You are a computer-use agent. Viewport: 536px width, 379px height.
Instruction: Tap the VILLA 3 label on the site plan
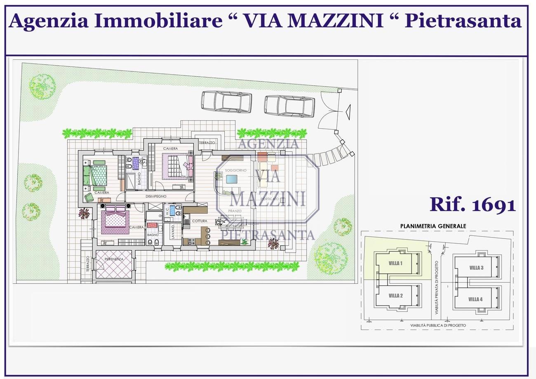[x=476, y=268]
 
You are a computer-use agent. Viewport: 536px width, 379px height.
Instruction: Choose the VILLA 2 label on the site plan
[x=395, y=296]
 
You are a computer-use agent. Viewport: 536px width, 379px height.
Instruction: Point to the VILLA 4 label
[x=475, y=299]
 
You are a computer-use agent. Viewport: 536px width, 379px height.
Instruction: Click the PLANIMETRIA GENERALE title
[x=433, y=226]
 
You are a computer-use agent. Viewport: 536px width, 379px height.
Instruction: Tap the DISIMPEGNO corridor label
[x=156, y=196]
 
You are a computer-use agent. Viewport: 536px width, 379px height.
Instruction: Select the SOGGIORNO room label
[x=235, y=170]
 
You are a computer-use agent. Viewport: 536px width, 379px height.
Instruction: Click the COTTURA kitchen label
[x=200, y=221]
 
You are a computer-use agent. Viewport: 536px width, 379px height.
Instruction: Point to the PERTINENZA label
[x=114, y=259]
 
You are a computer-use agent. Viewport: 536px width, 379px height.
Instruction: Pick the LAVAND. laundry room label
[x=173, y=232]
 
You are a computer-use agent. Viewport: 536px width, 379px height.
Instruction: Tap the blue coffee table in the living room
[x=232, y=179]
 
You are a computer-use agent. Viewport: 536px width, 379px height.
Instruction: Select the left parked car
[x=226, y=101]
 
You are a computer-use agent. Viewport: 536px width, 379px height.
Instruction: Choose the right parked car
[x=289, y=106]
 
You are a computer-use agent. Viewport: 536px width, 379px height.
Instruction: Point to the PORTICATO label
[x=270, y=199]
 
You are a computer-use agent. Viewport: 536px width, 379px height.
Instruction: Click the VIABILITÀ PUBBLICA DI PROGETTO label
[x=438, y=325]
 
